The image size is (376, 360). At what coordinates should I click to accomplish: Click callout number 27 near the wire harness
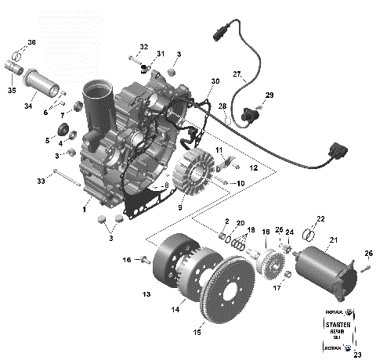237,74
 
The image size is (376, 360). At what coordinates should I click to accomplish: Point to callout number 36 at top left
31,41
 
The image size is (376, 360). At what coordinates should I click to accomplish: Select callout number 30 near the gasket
215,82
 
